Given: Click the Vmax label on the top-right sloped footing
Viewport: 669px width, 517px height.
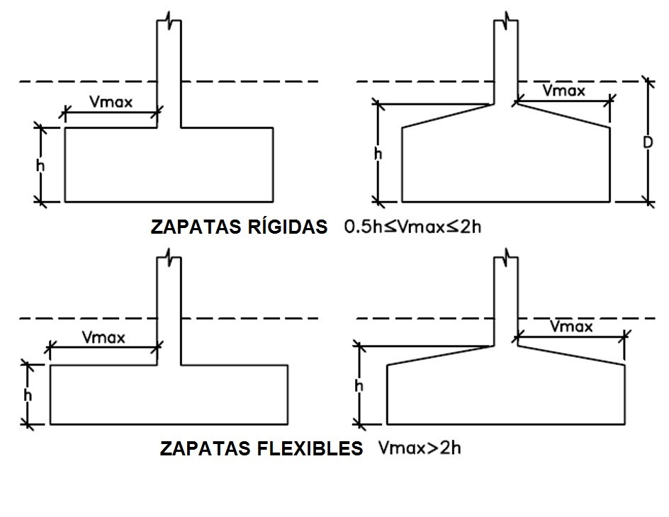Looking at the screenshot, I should click(563, 91).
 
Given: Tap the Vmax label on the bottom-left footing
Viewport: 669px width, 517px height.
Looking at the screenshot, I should click(103, 337).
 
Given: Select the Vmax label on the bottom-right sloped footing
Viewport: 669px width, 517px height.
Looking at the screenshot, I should click(571, 326).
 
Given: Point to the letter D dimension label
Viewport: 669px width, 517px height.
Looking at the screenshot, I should click(648, 142).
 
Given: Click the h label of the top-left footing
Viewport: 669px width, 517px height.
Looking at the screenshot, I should click(40, 165).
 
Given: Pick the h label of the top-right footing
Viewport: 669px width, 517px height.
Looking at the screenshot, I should click(378, 153).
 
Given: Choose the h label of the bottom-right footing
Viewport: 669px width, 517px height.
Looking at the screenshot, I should click(359, 386).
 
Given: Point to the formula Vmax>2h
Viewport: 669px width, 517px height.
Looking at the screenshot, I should click(421, 448).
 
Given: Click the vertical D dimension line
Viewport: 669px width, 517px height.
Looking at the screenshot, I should click(647, 177).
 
